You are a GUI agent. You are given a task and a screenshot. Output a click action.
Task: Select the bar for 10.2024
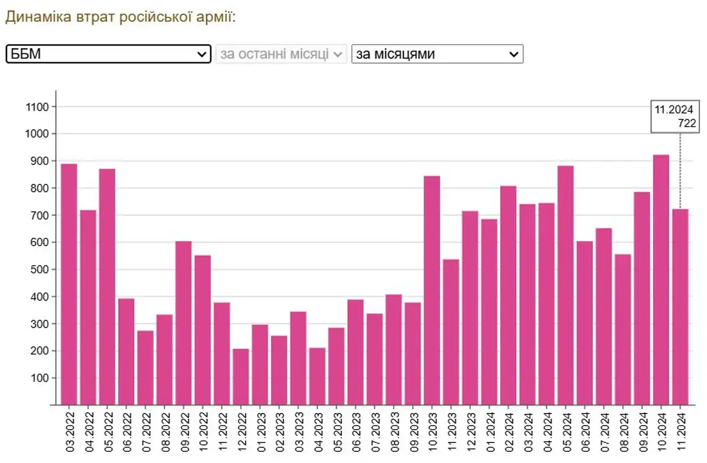tap(661, 280)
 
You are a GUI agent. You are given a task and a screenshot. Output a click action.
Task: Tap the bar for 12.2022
tap(241, 376)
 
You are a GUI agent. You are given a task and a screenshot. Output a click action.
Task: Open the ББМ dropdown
tap(108, 54)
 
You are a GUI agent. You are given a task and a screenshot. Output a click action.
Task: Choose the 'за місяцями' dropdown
tap(437, 54)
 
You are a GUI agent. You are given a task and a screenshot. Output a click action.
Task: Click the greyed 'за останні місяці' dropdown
tap(280, 54)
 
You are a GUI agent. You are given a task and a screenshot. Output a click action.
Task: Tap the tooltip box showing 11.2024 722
tap(675, 116)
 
